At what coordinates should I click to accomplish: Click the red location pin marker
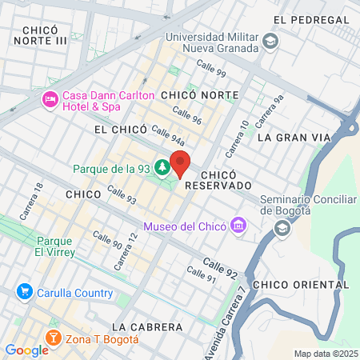(x=180, y=162)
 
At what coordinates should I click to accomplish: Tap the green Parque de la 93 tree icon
(x=162, y=168)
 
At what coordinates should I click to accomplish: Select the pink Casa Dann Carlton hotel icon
(x=49, y=100)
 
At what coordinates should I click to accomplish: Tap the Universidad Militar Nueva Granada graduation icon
(x=271, y=40)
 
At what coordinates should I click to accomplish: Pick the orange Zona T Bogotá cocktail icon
(x=53, y=338)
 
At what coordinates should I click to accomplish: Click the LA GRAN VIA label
(x=294, y=137)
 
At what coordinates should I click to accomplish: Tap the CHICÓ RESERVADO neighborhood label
(x=217, y=179)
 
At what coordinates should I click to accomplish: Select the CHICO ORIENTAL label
(x=290, y=284)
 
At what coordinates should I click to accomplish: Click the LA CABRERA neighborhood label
(x=148, y=326)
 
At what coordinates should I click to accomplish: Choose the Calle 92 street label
(x=219, y=266)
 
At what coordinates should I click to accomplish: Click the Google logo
(x=26, y=350)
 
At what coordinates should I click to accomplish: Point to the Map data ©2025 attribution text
(x=325, y=354)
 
